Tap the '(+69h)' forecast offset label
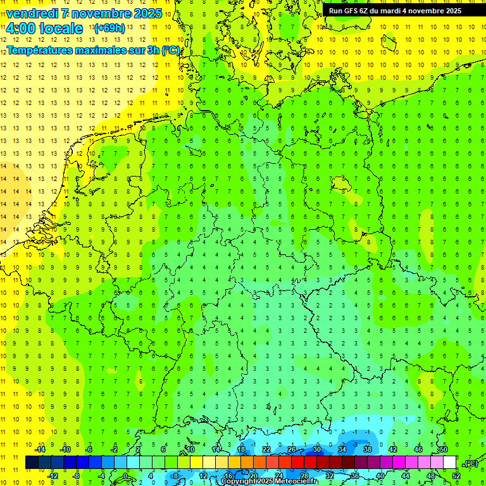pyautogui.click(x=109, y=28)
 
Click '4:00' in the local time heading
pyautogui.click(x=20, y=28)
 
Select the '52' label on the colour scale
pyautogui.click(x=456, y=475)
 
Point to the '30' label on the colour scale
pyautogui.click(x=316, y=449)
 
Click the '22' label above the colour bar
pyautogui.click(x=266, y=449)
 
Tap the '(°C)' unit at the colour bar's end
pyautogui.click(x=471, y=463)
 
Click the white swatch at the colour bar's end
pyautogui.click(x=449, y=463)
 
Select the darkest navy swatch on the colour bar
pyautogui.click(x=32, y=463)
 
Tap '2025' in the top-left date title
pyautogui.click(x=147, y=13)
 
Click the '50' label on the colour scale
pyautogui.click(x=443, y=449)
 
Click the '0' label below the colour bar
pyautogui.click(x=125, y=475)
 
